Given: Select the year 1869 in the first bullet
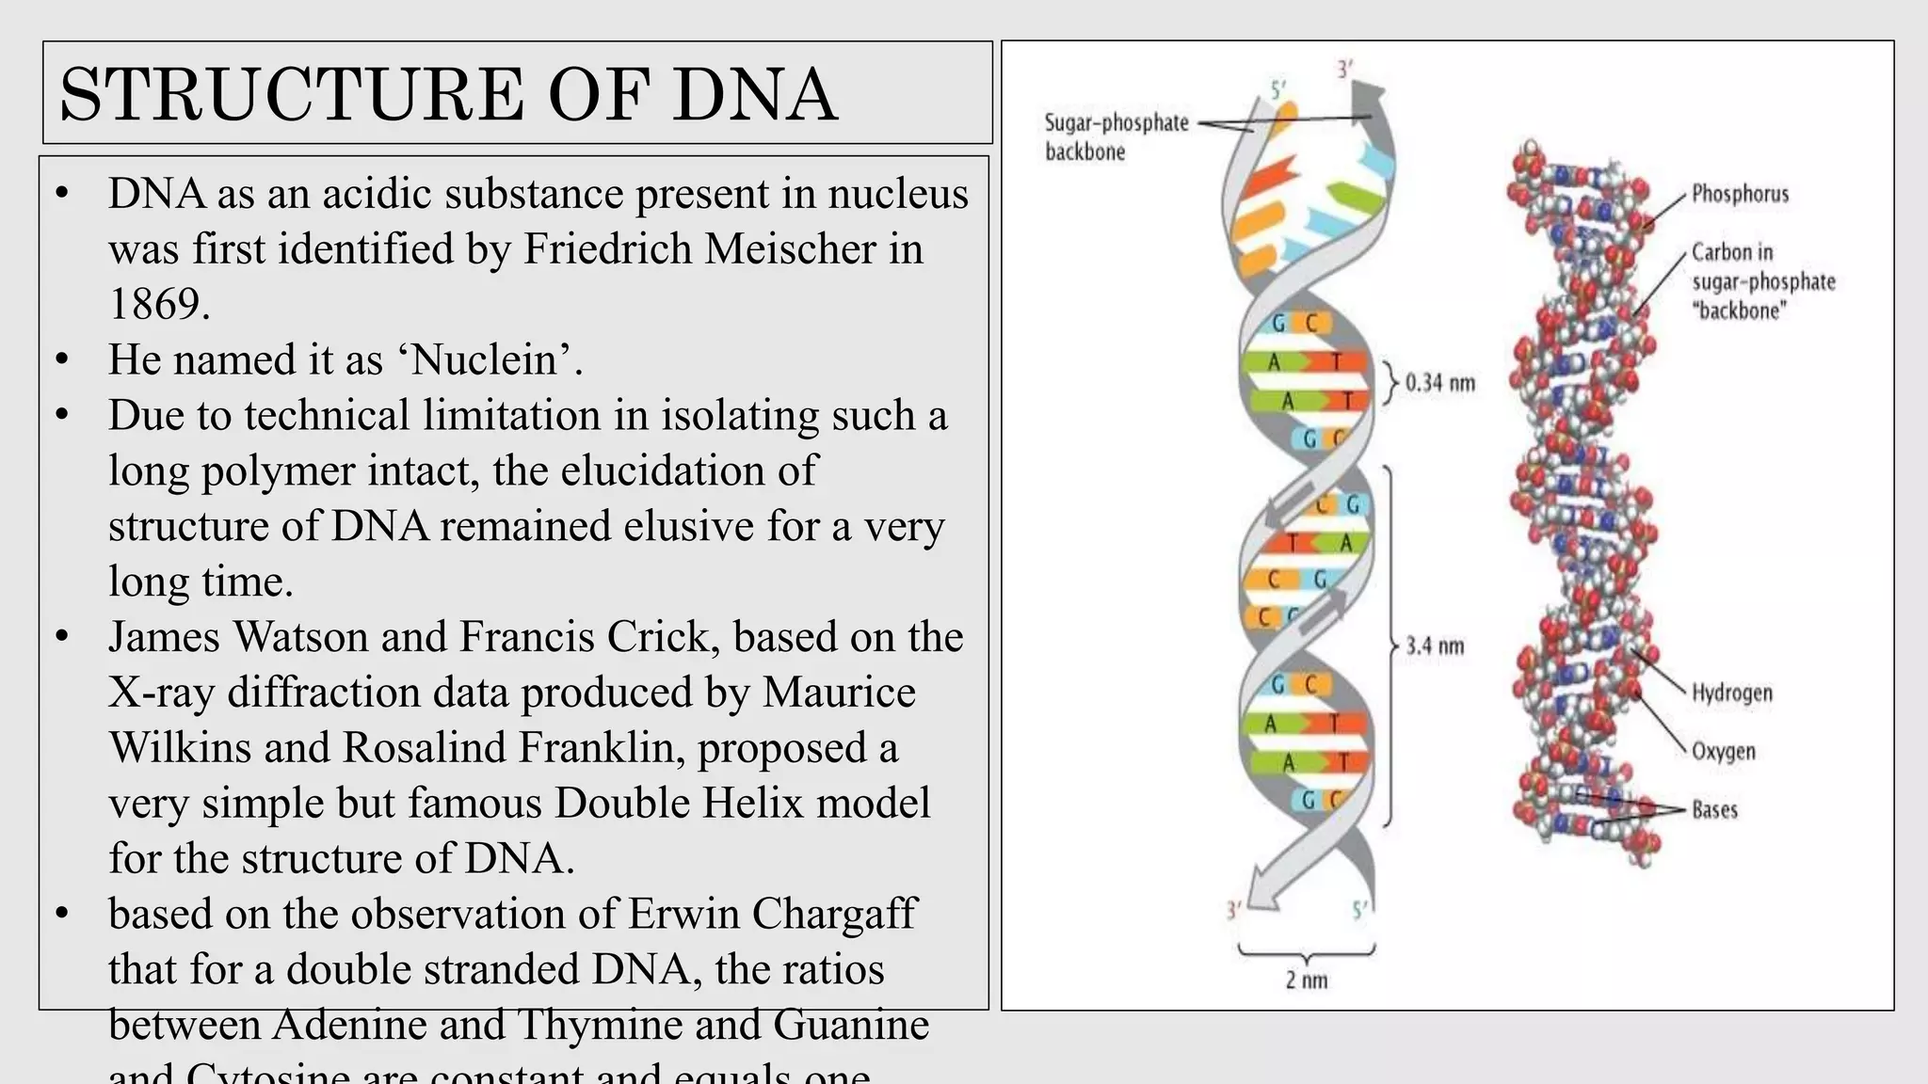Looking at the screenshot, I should [x=158, y=304].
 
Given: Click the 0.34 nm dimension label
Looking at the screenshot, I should [x=1439, y=383].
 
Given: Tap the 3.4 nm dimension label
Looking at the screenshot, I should [x=1435, y=646].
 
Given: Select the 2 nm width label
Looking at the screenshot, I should [x=1307, y=980].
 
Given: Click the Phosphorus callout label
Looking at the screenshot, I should [x=1740, y=194].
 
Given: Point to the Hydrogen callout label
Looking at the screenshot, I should [x=1732, y=693].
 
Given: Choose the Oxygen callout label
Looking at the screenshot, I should [x=1724, y=752].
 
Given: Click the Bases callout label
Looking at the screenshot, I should [x=1714, y=810].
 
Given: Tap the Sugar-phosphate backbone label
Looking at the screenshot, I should [x=1117, y=137].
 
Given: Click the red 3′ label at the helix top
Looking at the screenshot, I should [x=1345, y=69].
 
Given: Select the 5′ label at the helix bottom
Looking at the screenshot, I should [x=1359, y=911].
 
